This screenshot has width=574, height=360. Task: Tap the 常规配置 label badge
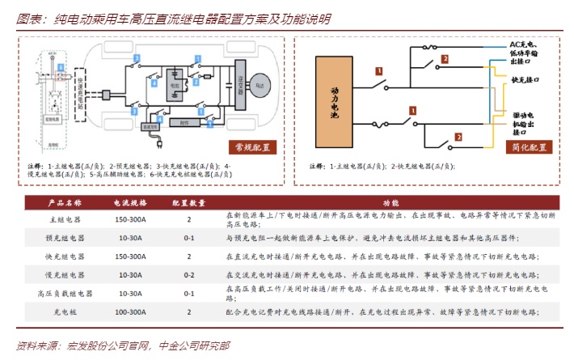point(252,146)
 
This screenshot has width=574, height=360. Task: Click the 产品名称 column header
point(62,203)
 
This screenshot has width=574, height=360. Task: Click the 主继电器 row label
point(62,219)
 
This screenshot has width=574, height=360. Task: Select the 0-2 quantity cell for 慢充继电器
point(189,274)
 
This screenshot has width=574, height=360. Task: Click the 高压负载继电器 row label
point(62,293)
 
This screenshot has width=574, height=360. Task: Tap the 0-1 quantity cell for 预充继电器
point(189,238)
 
